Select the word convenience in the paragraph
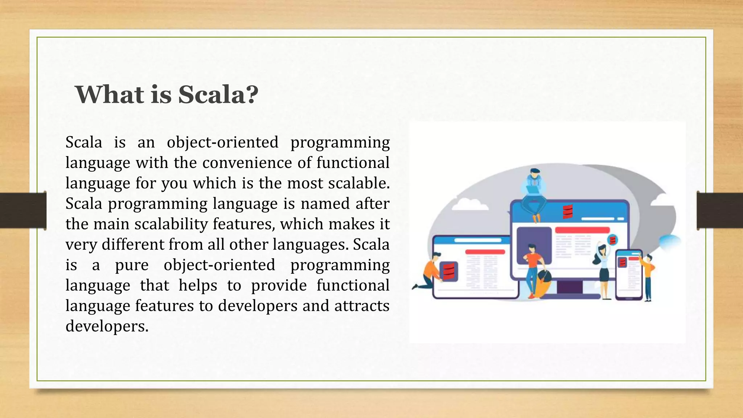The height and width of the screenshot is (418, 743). [x=247, y=163]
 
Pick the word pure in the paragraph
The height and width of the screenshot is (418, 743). [x=132, y=265]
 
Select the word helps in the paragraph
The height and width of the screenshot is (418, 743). [x=198, y=285]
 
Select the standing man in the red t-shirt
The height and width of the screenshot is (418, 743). [x=533, y=269]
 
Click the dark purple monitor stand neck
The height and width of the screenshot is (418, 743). [x=570, y=287]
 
